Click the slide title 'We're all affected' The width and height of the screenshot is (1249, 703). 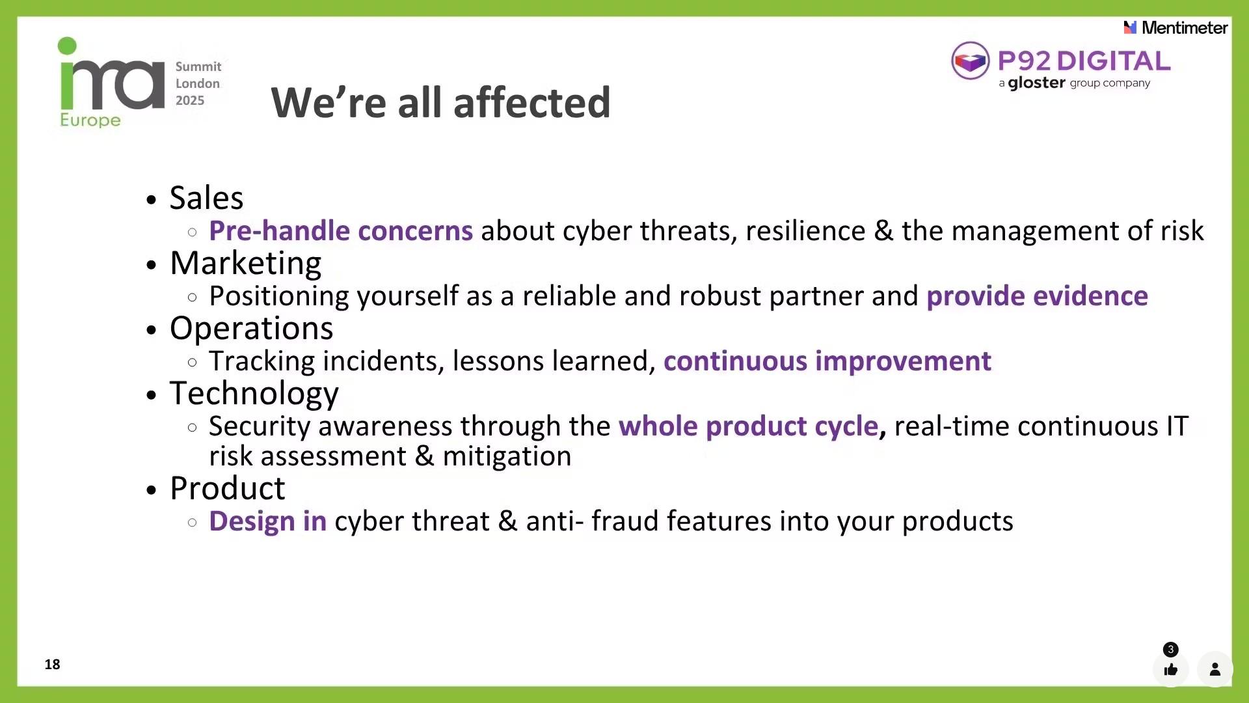tap(440, 102)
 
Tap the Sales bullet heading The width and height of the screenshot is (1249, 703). tap(206, 197)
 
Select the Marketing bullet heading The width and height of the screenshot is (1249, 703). tap(245, 263)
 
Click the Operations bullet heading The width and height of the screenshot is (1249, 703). tap(251, 328)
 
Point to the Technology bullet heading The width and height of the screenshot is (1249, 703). tap(254, 394)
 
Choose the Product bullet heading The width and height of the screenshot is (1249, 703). tap(227, 488)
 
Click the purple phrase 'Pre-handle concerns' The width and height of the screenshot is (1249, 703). tap(341, 230)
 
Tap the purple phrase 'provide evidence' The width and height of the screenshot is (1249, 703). tap(1037, 296)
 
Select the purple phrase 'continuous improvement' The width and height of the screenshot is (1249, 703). tap(827, 361)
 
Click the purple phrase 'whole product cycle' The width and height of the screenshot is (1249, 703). tap(748, 426)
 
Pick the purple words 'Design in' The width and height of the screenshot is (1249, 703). tap(267, 521)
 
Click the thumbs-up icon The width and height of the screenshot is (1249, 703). tap(1171, 670)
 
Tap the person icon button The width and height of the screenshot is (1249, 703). tap(1215, 669)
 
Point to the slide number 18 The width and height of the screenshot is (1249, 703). tap(52, 664)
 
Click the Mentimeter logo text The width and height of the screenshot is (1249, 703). tap(1185, 27)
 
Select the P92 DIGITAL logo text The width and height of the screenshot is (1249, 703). tap(1084, 61)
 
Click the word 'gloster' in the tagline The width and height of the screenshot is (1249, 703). tap(1036, 83)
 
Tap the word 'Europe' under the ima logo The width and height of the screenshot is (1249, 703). tap(90, 120)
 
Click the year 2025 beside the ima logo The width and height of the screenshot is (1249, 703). tap(190, 100)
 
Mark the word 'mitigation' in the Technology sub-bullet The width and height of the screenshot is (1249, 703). tap(507, 456)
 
